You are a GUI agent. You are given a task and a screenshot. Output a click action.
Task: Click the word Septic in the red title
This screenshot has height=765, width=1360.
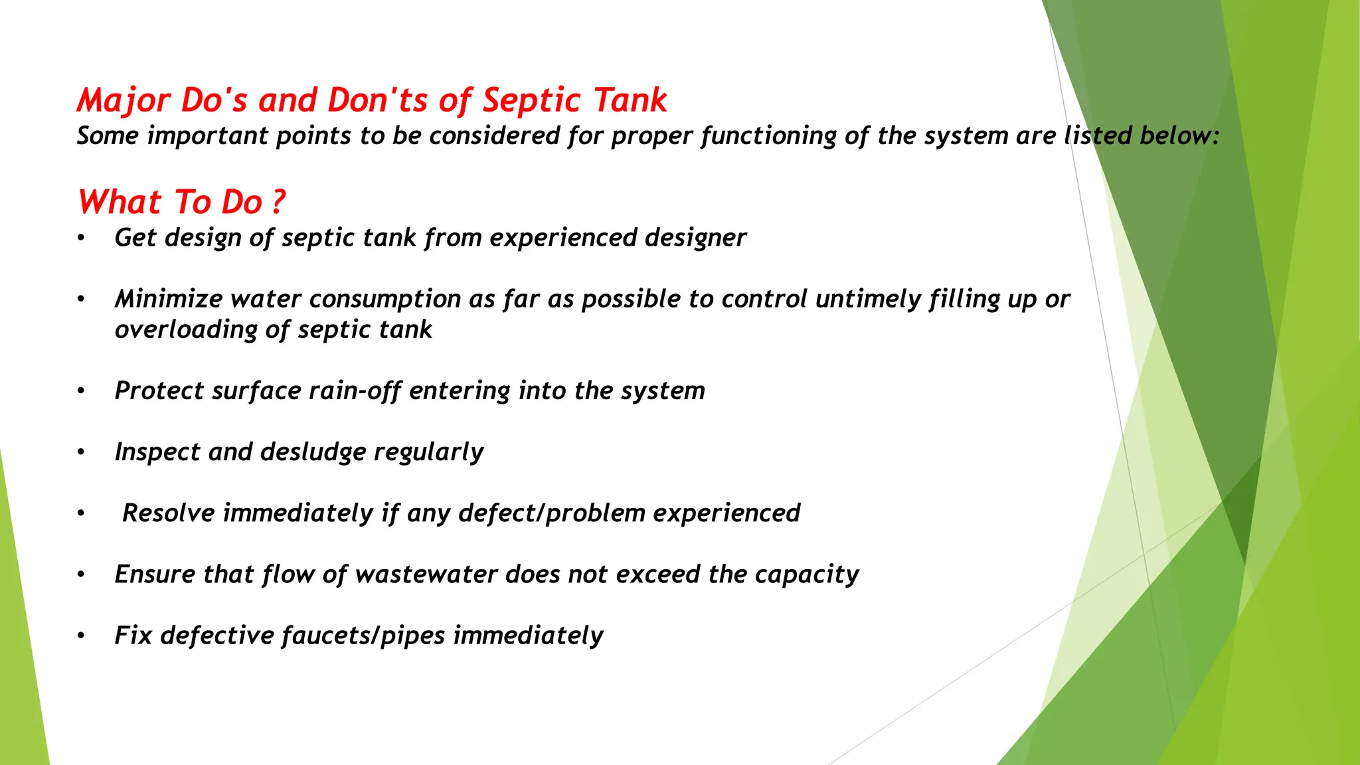click(531, 101)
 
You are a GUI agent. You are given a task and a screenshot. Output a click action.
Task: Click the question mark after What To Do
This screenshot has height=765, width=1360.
click(279, 202)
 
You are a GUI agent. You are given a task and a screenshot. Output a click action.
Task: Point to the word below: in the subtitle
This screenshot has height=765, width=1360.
click(1179, 136)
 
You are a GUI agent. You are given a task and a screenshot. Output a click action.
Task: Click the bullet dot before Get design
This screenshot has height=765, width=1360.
click(80, 238)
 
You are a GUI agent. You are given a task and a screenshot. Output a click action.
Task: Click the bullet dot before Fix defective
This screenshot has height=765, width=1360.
click(80, 636)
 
